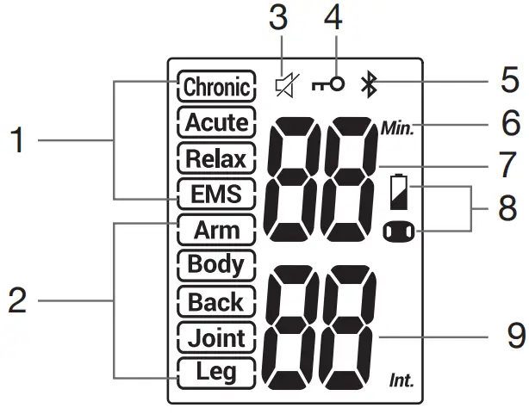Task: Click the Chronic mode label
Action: click(217, 86)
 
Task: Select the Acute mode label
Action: click(217, 122)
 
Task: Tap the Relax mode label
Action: click(217, 158)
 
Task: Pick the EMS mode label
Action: click(217, 195)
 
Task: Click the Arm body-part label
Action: click(217, 231)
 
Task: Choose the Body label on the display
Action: click(217, 264)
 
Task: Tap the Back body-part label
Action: click(217, 301)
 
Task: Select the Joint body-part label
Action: click(217, 337)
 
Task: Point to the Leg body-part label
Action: click(217, 373)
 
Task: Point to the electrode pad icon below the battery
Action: click(399, 232)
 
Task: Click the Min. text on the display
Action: click(397, 130)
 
